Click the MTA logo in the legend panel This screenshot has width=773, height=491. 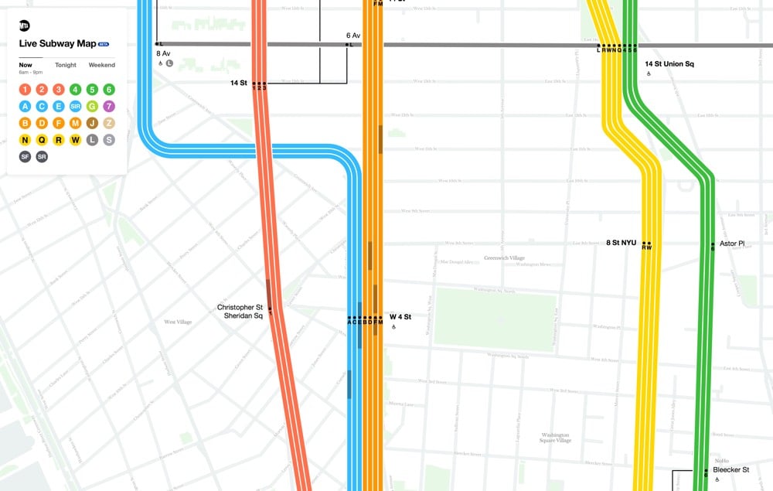(25, 26)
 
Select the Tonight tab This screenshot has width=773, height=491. (66, 65)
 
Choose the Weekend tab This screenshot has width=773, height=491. (102, 65)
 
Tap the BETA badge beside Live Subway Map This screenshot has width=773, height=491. (103, 44)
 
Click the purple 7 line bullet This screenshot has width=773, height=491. (109, 106)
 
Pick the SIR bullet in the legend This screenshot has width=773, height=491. (75, 106)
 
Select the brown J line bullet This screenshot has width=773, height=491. (92, 123)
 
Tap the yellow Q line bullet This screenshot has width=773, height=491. (41, 140)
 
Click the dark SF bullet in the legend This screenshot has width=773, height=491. (25, 157)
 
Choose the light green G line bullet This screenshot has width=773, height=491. (92, 106)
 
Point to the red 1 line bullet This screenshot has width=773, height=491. (25, 89)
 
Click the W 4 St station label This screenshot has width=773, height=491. (400, 317)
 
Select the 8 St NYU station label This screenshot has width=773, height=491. (621, 243)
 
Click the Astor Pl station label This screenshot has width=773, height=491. (731, 244)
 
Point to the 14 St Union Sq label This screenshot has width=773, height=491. (669, 63)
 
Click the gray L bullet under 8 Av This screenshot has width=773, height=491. (169, 63)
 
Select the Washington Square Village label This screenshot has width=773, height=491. (555, 437)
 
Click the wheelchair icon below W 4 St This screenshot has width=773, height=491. (393, 327)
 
